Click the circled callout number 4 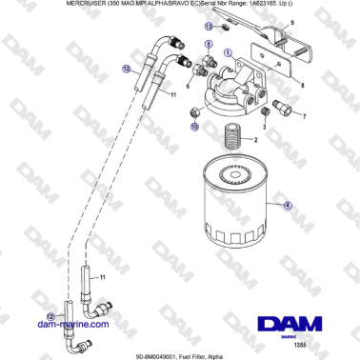pyautogui.click(x=287, y=203)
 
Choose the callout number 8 pyautogui.click(x=302, y=84)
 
